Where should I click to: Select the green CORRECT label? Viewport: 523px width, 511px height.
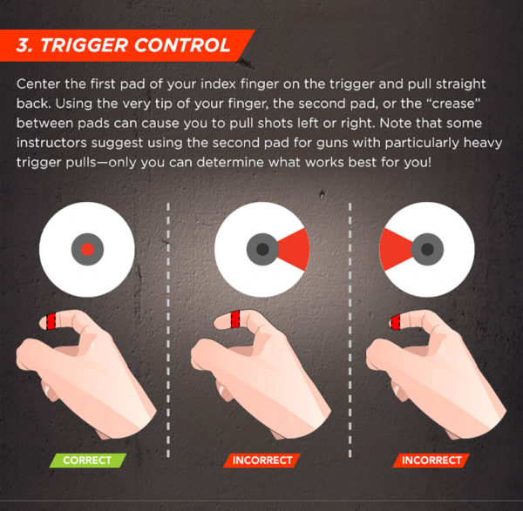[x=87, y=460]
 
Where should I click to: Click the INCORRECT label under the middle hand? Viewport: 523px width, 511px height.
[x=261, y=460]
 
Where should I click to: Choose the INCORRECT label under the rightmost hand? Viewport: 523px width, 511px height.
[x=431, y=460]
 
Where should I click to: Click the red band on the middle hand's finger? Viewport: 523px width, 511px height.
[x=225, y=320]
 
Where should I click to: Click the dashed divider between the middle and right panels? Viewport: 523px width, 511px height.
[x=350, y=331]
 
